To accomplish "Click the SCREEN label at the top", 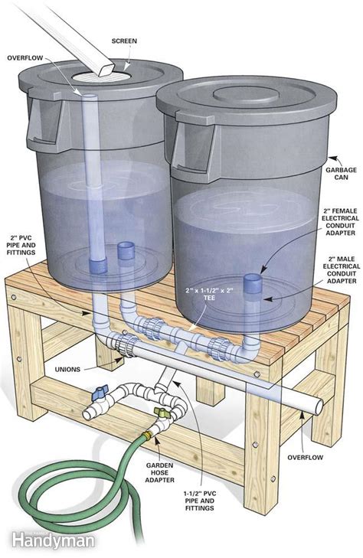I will [123, 41].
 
